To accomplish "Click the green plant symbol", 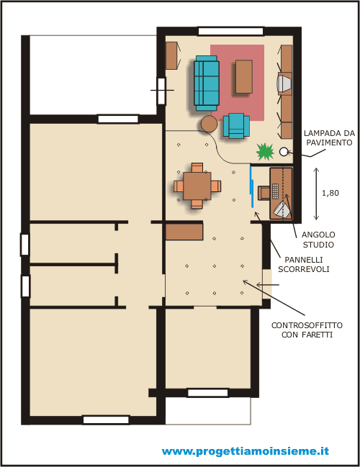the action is pos(265,152).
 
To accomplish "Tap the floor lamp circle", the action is pos(284,152).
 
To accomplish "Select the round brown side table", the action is pos(209,124).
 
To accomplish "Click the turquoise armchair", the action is pos(236,126).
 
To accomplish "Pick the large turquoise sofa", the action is pos(206,83).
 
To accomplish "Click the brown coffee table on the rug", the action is pos(244,77).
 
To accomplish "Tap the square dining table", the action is pos(197,186).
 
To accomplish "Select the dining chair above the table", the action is pos(197,168).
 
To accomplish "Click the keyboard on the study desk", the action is pos(275,191).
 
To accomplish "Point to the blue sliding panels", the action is pos(252,187).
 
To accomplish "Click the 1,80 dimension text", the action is pos(330,193).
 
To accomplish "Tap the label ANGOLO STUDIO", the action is pos(318,240).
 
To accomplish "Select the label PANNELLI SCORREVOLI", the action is pos(304,264).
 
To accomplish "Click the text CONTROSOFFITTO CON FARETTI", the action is pos(307,330).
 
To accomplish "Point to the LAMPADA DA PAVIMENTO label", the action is pos(329,137).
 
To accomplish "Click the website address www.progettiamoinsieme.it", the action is pos(246,451).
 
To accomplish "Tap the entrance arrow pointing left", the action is pos(268,285).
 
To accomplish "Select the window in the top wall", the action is pos(230,31).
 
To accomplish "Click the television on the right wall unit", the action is pos(283,83).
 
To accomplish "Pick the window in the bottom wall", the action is pos(106,420).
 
